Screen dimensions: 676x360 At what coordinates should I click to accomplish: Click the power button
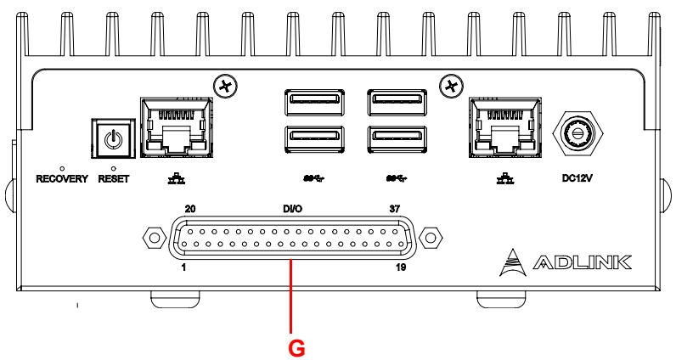coord(113,139)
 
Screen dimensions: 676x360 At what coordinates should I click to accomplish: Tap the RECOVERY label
coord(62,178)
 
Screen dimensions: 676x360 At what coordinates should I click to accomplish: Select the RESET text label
coord(114,178)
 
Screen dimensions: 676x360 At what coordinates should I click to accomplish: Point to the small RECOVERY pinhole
coord(62,168)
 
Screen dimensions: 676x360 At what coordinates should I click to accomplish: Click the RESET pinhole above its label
coord(114,168)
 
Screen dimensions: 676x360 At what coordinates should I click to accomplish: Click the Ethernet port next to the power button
coord(177,127)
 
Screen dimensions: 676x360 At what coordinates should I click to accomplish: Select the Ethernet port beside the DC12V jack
coord(504,127)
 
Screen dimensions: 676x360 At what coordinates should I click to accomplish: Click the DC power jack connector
coord(577,133)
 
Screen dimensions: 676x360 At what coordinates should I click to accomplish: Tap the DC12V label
coord(577,177)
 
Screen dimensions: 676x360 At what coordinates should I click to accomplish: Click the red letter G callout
coord(296,348)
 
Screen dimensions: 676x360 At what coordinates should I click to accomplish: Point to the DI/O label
coord(292,209)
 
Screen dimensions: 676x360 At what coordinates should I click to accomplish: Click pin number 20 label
coord(190,209)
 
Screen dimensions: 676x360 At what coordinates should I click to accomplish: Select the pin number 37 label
coord(395,209)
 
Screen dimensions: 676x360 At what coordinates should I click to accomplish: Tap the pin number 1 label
coord(183,267)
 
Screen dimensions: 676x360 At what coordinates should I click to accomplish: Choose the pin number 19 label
coord(401,267)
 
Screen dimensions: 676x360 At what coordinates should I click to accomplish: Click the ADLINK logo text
coord(582,262)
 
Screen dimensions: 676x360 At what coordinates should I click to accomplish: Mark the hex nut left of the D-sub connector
coord(155,238)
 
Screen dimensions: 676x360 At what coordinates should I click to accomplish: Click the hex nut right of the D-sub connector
coord(431,238)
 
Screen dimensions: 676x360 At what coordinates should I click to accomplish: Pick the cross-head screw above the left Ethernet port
coord(225,87)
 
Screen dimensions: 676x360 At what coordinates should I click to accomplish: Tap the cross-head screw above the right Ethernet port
coord(451,87)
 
